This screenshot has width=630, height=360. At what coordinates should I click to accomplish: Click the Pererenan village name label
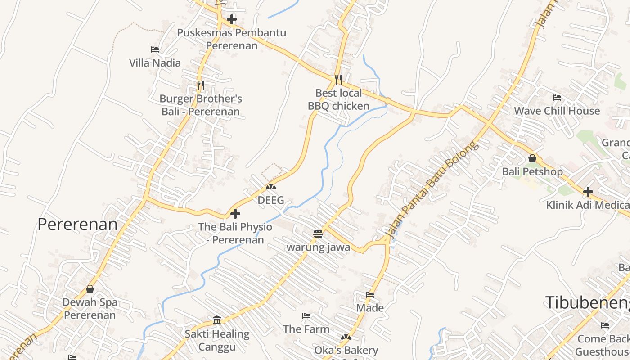(77, 224)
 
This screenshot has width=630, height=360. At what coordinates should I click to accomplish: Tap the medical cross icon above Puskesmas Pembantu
(232, 19)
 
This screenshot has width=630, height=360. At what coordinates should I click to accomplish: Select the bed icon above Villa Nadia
(155, 49)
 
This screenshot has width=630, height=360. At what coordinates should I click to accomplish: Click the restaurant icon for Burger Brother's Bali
(201, 85)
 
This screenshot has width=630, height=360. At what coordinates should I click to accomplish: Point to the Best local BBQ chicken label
(338, 99)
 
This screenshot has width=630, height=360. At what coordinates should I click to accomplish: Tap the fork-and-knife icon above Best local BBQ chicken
(338, 79)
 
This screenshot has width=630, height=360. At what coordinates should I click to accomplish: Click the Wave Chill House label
(557, 111)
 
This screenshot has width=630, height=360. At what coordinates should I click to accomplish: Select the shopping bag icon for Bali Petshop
(532, 158)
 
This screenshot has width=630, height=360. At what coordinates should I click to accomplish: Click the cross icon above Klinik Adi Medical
(588, 192)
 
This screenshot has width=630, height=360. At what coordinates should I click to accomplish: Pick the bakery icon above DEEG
(271, 186)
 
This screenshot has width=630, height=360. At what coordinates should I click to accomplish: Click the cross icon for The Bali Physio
(235, 214)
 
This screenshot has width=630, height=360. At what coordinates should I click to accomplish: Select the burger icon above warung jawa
(318, 234)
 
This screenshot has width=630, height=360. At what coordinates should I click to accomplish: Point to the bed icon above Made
(370, 295)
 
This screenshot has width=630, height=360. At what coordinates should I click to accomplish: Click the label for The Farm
(306, 329)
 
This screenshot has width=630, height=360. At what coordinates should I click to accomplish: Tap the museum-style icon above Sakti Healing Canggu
(217, 320)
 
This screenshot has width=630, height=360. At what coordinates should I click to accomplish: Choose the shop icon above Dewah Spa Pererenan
(90, 289)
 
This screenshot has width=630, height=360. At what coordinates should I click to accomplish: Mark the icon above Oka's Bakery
(346, 337)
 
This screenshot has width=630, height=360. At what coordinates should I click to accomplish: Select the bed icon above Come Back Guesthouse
(605, 325)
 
